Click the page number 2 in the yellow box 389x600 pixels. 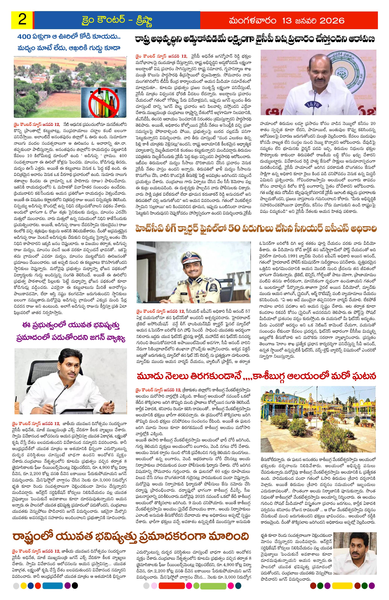(22, 20)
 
